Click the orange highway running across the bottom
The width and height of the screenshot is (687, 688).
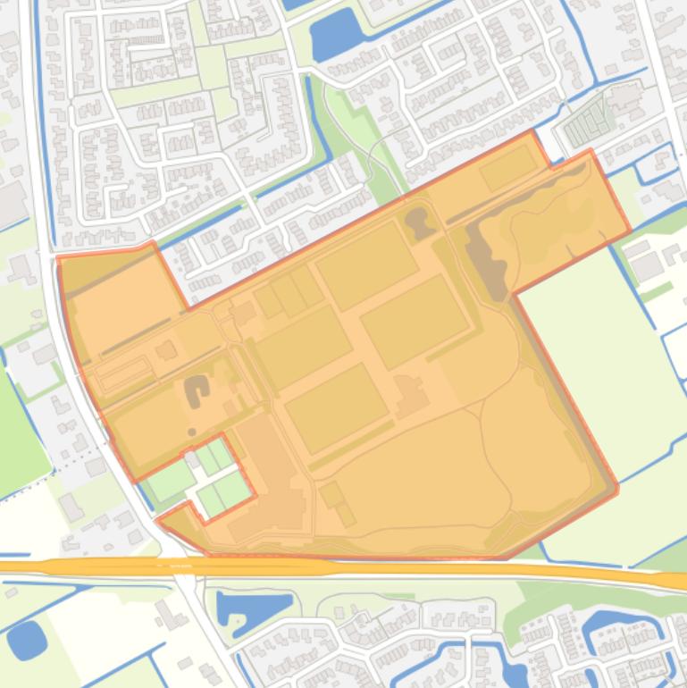pyautogui.click(x=357, y=567)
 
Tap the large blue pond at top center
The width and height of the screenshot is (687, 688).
pyautogui.click(x=336, y=38)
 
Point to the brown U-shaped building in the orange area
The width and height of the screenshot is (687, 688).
pyautogui.click(x=196, y=389)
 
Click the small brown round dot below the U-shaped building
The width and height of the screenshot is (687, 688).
pyautogui.click(x=192, y=432)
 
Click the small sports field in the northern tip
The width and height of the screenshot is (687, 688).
pyautogui.click(x=508, y=167)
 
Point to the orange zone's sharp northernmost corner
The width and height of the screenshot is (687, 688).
pyautogui.click(x=534, y=131)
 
